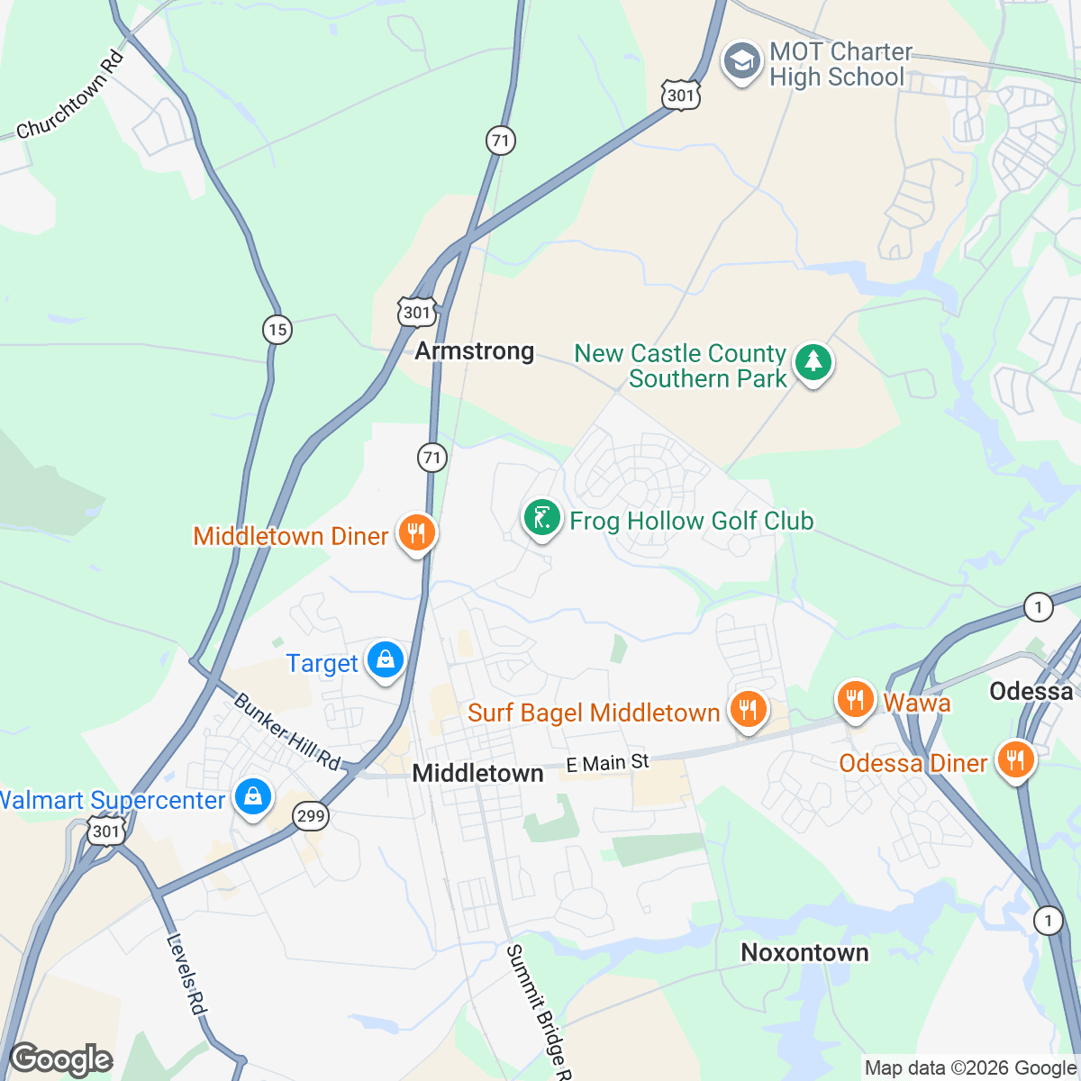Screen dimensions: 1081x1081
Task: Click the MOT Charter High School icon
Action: [742, 63]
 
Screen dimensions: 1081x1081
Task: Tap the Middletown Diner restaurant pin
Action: [415, 533]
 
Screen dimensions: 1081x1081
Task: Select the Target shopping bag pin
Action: [386, 661]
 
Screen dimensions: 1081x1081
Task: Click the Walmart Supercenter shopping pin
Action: [253, 797]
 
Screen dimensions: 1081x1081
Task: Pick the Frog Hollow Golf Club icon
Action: [542, 519]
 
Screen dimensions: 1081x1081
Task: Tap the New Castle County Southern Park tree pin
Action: [813, 363]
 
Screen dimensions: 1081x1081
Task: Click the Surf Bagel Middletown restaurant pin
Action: [747, 710]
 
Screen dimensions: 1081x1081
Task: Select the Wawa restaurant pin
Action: [855, 700]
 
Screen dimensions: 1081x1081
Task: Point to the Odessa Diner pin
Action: [1015, 759]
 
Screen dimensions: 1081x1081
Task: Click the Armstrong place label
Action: [475, 350]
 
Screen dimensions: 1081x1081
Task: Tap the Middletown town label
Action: [477, 773]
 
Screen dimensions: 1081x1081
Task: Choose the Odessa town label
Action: [1031, 691]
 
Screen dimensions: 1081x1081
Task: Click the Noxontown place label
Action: [804, 952]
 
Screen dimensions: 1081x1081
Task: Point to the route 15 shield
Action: [277, 330]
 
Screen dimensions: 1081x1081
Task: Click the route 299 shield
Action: [311, 816]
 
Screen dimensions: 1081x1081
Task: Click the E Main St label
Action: [607, 764]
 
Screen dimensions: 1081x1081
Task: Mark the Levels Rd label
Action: [186, 975]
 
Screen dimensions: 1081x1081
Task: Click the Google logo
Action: [61, 1059]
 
